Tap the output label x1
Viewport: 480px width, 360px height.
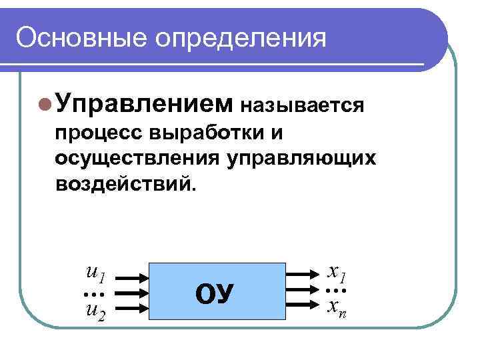pos(337,273)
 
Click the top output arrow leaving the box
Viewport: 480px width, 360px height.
pos(304,275)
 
